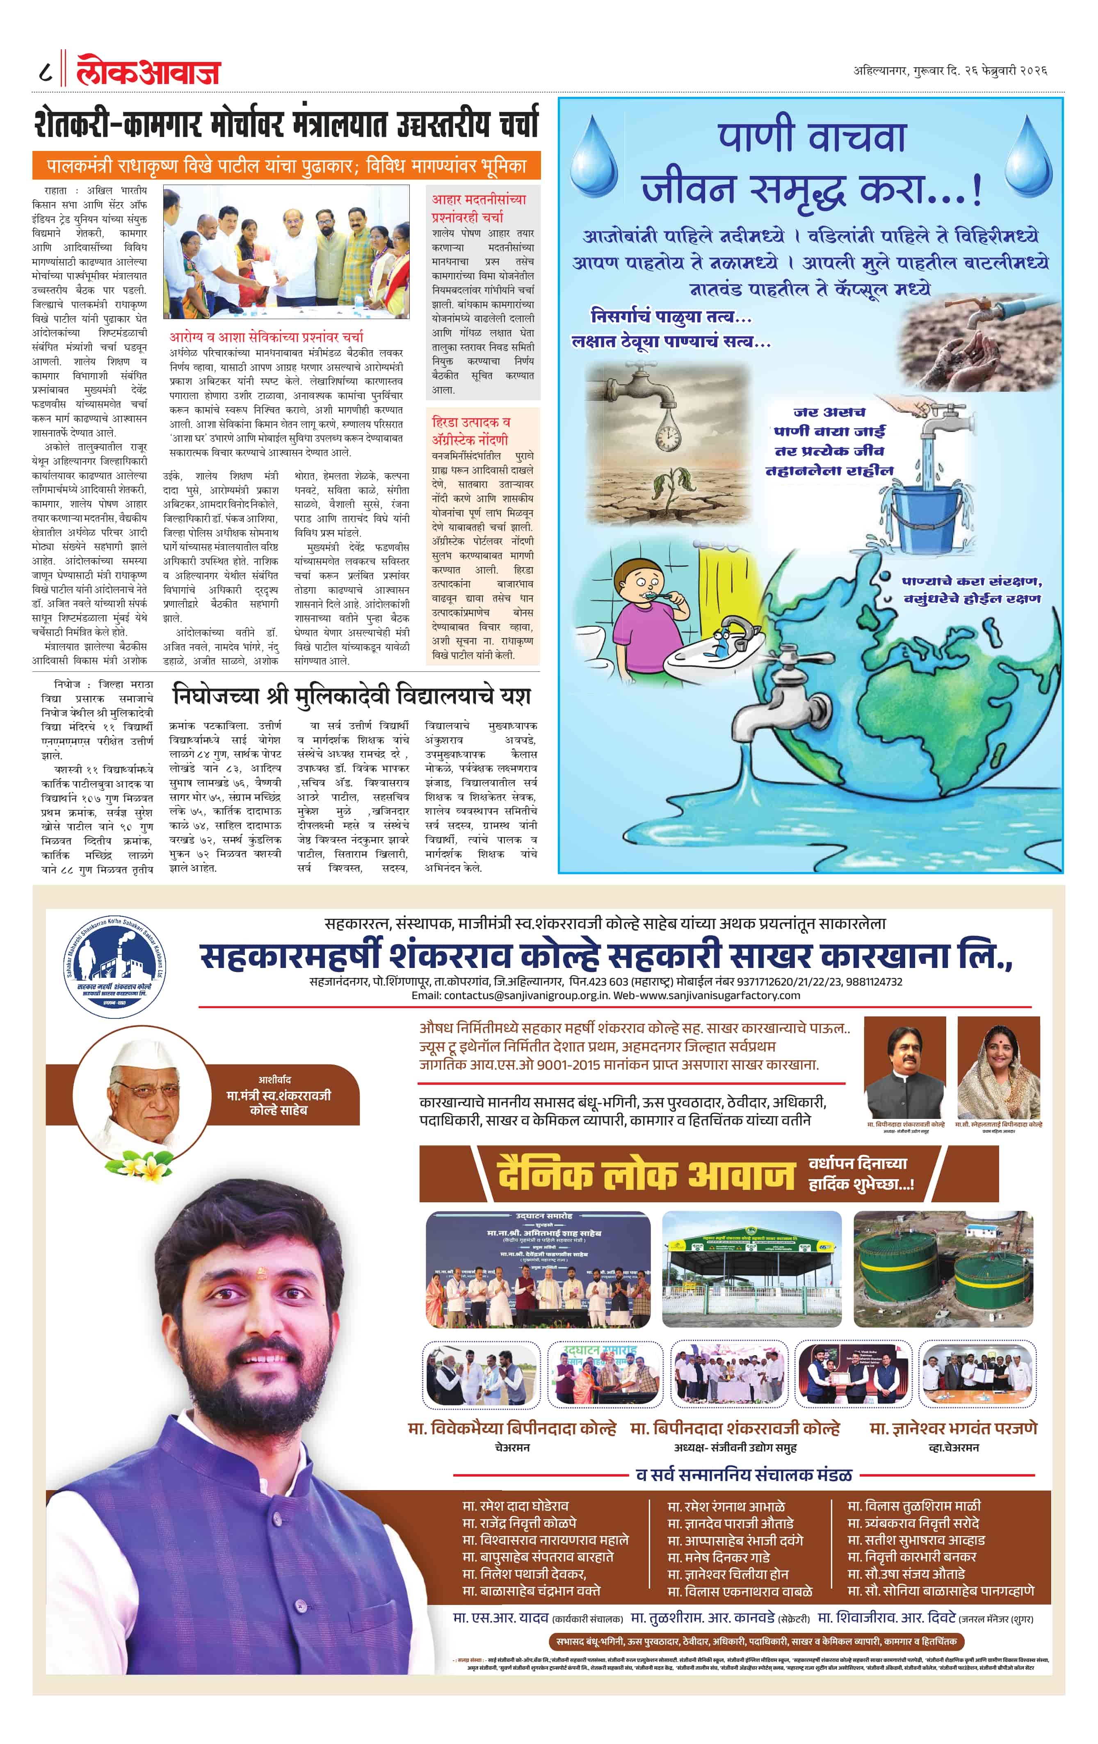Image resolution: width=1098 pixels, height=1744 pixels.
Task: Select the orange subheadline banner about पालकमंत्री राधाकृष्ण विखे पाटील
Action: pyautogui.click(x=286, y=166)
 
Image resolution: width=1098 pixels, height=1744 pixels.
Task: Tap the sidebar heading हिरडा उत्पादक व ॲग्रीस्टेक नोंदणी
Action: pyautogui.click(x=471, y=430)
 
